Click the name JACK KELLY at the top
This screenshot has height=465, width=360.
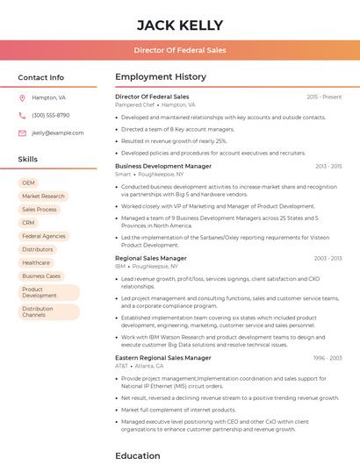click(180, 25)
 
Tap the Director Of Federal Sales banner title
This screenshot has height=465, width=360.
click(180, 50)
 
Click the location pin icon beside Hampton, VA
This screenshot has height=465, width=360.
click(22, 97)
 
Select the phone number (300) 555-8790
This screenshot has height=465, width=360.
click(50, 115)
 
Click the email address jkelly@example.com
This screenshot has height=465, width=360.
click(57, 132)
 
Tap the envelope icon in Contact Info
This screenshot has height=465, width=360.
click(22, 132)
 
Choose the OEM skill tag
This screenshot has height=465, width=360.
click(28, 182)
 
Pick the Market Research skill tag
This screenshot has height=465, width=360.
click(43, 197)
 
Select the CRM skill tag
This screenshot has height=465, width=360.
click(28, 223)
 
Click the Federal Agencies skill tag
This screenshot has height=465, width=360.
click(44, 236)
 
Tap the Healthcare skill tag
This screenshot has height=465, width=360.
click(36, 262)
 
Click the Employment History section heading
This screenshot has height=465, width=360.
click(160, 77)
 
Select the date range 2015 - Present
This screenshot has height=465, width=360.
click(324, 97)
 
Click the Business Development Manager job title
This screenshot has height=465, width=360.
click(162, 166)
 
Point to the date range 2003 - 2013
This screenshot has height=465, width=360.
click(328, 258)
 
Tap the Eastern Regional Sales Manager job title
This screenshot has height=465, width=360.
click(162, 358)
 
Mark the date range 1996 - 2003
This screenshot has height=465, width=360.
click(328, 358)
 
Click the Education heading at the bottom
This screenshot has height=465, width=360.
click(137, 455)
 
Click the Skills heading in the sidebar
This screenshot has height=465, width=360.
click(28, 159)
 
